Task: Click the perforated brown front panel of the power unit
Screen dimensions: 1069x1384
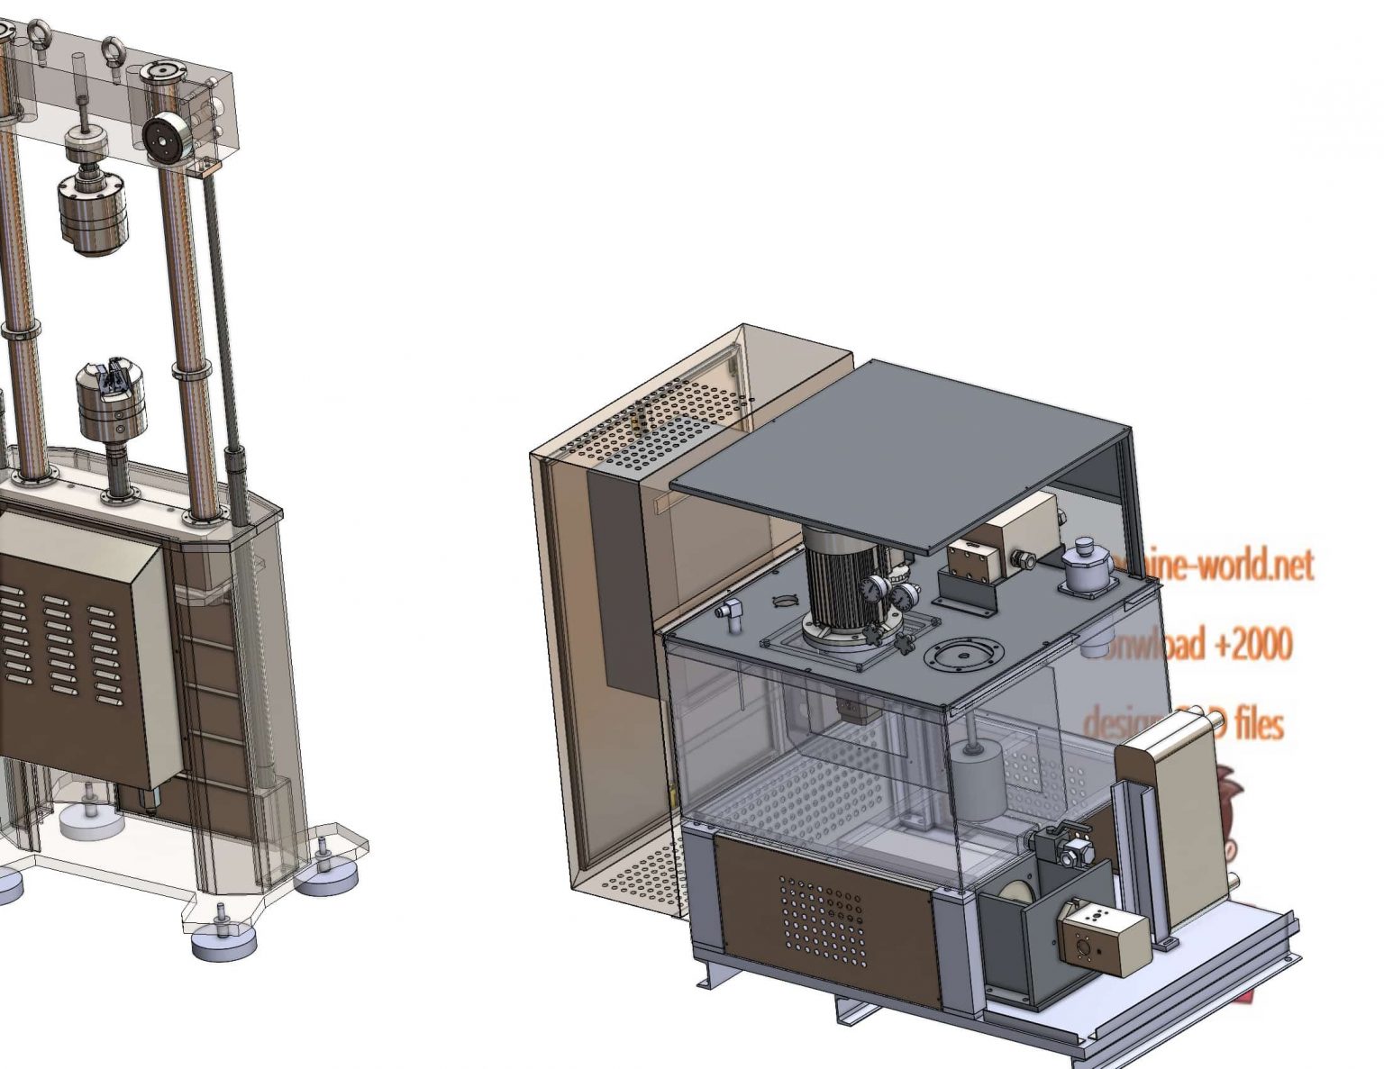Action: tap(824, 910)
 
